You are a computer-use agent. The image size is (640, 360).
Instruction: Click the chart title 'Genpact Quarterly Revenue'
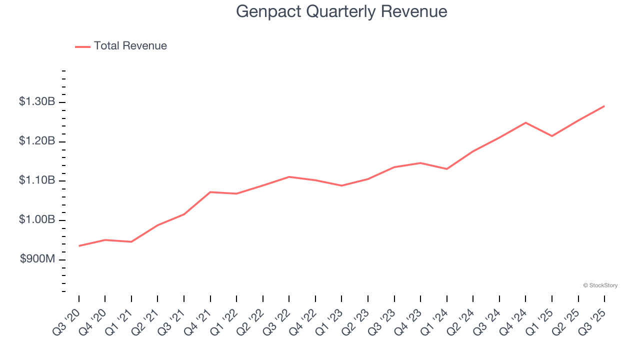coord(341,11)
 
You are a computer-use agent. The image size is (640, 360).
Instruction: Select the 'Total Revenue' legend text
coord(130,46)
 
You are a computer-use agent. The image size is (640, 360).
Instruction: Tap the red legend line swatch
coord(82,46)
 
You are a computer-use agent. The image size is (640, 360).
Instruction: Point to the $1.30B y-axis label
coord(37,102)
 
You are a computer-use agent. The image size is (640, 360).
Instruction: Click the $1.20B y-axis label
coord(37,141)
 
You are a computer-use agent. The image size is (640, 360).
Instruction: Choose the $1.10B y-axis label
coord(37,180)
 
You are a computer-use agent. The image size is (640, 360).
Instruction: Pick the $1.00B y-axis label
coord(37,220)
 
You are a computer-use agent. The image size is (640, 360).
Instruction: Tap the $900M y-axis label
coord(38,259)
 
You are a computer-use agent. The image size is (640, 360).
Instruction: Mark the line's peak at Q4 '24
coord(525,122)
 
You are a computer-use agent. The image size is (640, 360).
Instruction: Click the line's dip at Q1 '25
coord(552,136)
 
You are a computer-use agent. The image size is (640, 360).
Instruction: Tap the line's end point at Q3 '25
coord(604,106)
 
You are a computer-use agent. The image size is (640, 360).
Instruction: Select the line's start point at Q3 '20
coord(79,246)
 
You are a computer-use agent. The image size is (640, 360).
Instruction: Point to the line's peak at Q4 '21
coord(210,192)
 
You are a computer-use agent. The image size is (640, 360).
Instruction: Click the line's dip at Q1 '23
coord(341,185)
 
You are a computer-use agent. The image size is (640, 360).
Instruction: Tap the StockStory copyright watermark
coord(600,285)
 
